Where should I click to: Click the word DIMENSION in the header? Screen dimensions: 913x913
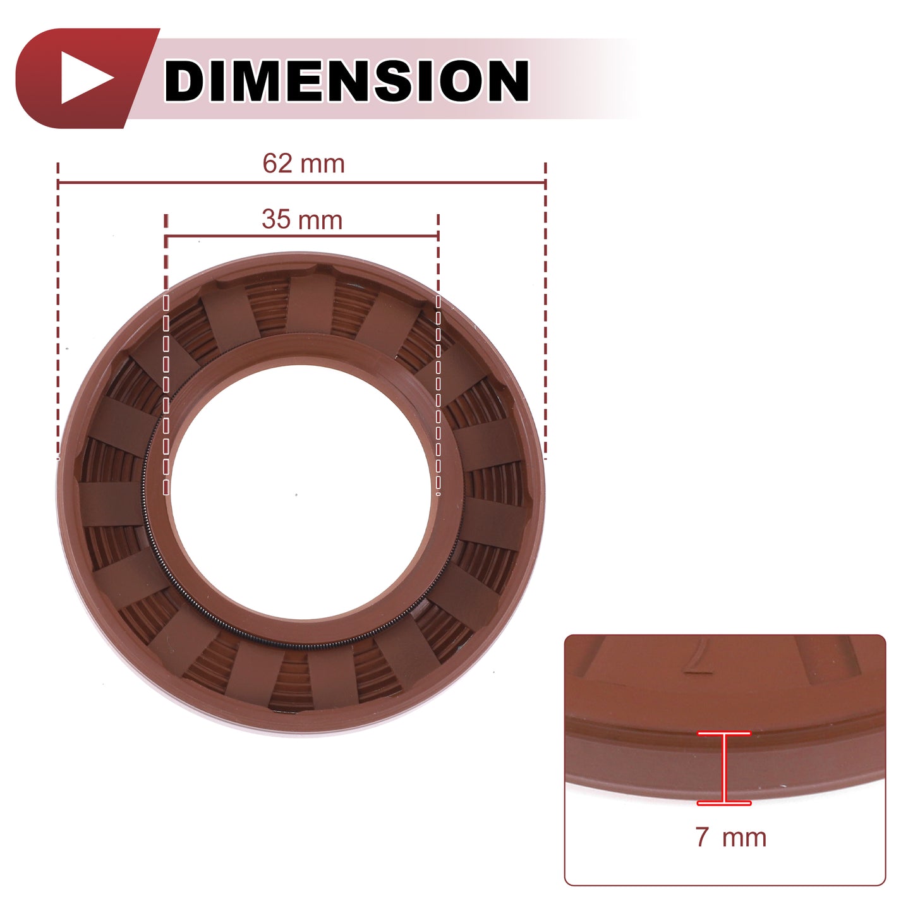(x=346, y=80)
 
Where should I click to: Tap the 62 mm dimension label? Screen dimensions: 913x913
(x=304, y=164)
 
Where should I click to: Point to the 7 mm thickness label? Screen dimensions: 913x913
(x=730, y=837)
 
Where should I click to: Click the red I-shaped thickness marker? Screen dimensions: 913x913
(x=724, y=768)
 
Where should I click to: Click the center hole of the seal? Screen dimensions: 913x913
(x=300, y=492)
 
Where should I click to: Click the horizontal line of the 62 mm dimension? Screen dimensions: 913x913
(x=302, y=182)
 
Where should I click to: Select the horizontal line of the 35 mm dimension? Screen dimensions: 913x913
(x=302, y=236)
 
